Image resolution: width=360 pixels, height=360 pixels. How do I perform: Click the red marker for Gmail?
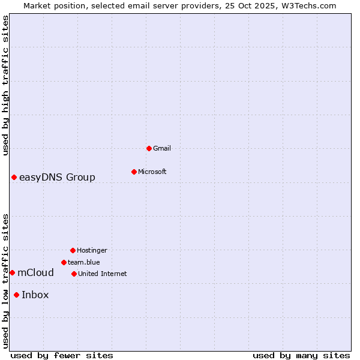(x=149, y=148)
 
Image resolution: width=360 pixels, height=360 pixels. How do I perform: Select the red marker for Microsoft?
(x=134, y=172)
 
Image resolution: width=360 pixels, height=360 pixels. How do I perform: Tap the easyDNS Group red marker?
(x=14, y=177)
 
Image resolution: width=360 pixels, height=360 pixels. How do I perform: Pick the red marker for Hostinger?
(x=73, y=250)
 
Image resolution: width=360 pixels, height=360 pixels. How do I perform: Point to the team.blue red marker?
(x=64, y=262)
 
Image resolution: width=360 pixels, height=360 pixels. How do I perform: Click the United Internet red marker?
(x=74, y=274)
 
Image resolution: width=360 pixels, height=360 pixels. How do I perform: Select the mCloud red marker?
(x=12, y=272)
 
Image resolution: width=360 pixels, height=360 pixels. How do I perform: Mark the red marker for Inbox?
(x=16, y=295)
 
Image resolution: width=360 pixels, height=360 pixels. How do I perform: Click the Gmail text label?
(x=162, y=148)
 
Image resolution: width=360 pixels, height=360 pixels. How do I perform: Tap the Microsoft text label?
(x=152, y=172)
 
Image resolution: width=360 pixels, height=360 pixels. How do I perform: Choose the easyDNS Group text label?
(x=57, y=177)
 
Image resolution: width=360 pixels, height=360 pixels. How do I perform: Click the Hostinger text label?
(x=92, y=250)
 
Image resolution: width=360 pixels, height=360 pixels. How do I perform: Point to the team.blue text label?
(x=84, y=262)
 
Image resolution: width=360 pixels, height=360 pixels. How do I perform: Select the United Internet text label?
(x=103, y=274)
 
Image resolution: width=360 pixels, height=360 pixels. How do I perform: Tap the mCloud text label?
(x=35, y=272)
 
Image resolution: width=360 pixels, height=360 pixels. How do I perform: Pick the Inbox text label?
(x=35, y=295)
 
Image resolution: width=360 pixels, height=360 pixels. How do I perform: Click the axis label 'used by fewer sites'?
(x=62, y=355)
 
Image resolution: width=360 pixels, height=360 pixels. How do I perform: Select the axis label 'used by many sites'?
(x=301, y=355)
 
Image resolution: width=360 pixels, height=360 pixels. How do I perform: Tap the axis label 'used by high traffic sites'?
(x=5, y=85)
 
